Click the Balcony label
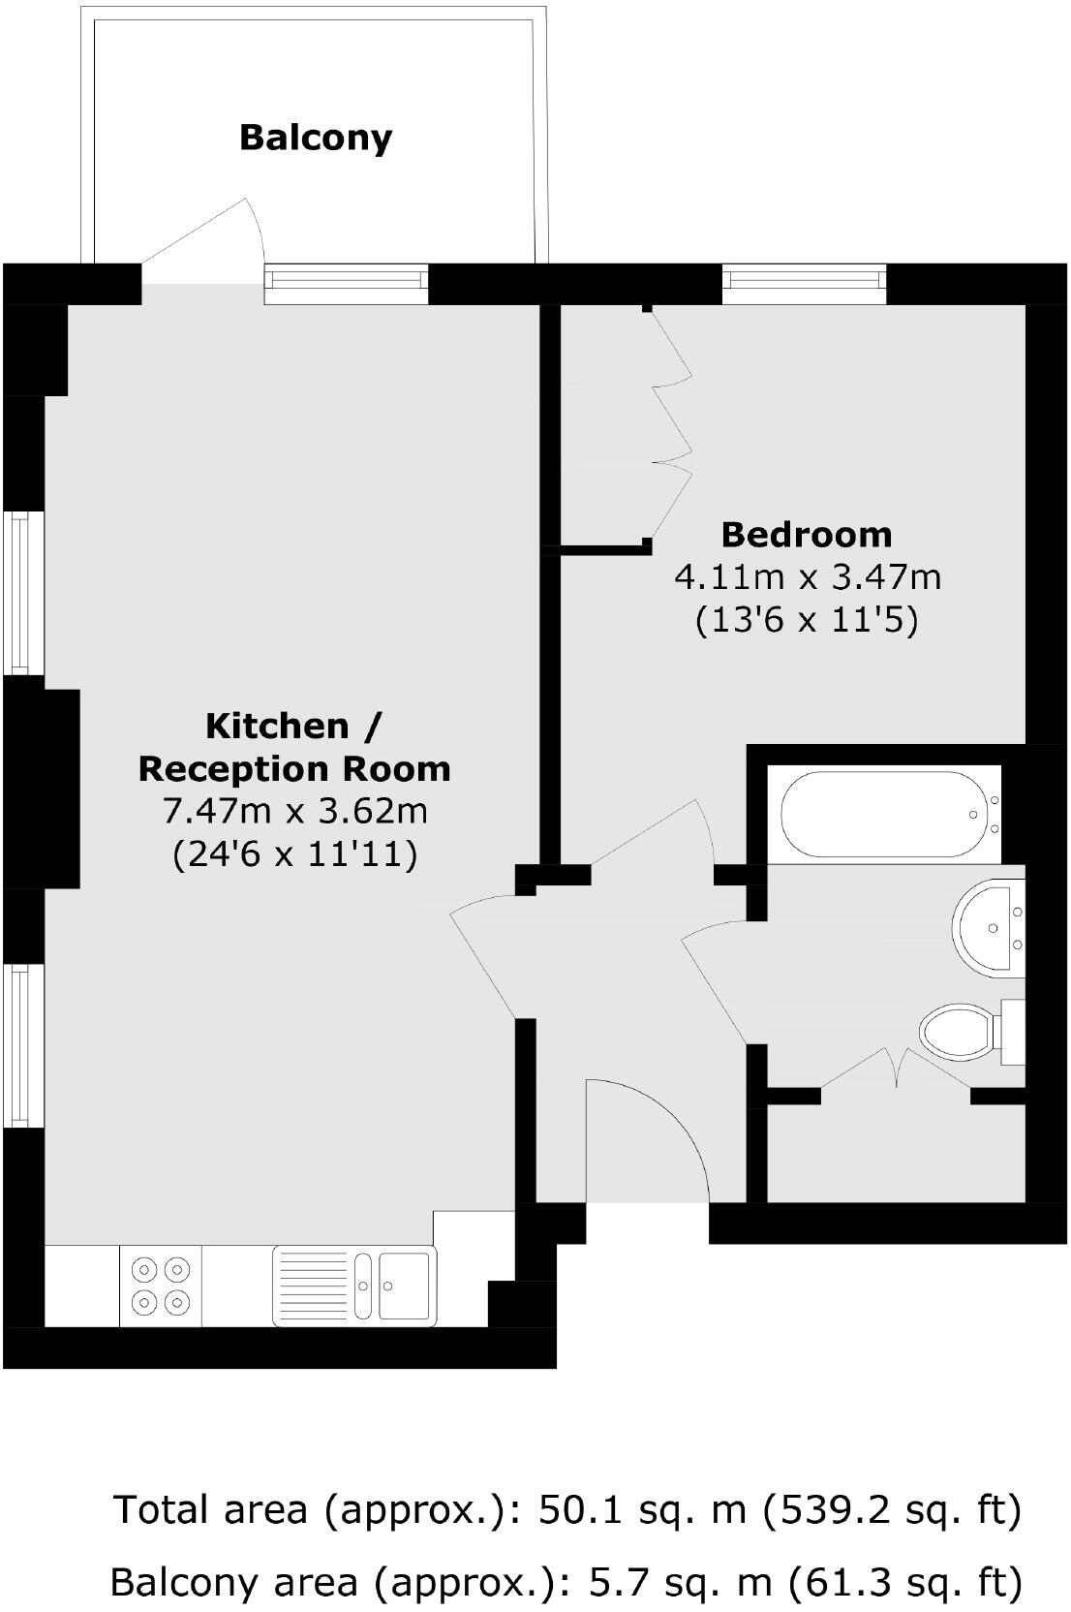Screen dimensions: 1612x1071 [x=316, y=138]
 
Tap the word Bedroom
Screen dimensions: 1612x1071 [x=807, y=534]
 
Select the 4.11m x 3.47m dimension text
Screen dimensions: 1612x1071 [x=807, y=577]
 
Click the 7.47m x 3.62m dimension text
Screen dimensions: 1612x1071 [x=294, y=810]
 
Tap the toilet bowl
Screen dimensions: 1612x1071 [x=959, y=1033]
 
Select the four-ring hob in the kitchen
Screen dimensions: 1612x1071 [x=161, y=1285]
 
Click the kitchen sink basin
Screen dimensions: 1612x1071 [x=405, y=1285]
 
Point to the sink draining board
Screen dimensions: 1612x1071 [x=312, y=1285]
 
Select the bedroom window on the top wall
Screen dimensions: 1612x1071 [x=805, y=281]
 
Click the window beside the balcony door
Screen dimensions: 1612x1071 [x=347, y=281]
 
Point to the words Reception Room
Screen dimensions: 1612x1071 [x=294, y=768]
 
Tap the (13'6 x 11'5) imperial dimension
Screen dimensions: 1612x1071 [x=807, y=619]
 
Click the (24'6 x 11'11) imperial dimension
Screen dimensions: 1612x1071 [x=294, y=853]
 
